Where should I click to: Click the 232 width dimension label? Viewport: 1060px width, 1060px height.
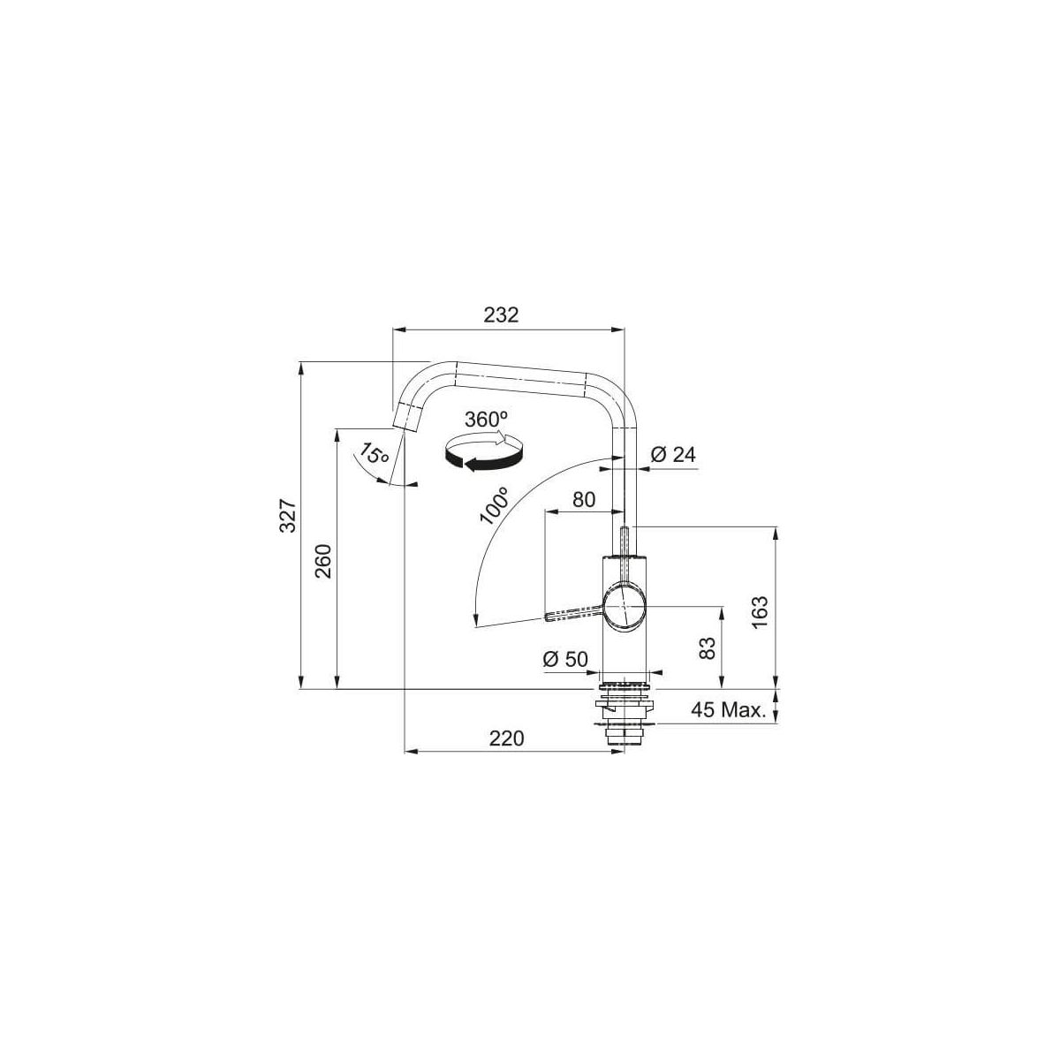pyautogui.click(x=501, y=315)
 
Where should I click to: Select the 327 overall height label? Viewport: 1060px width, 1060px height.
pyautogui.click(x=289, y=515)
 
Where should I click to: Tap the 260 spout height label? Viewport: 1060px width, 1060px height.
pyautogui.click(x=324, y=561)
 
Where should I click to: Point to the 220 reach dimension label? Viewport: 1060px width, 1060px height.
pyautogui.click(x=506, y=738)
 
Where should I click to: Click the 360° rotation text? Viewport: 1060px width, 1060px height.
pyautogui.click(x=486, y=420)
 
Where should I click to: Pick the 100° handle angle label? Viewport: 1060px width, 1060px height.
pyautogui.click(x=494, y=505)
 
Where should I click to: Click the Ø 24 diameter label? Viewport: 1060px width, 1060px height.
pyautogui.click(x=673, y=455)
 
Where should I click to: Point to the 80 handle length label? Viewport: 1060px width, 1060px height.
pyautogui.click(x=584, y=499)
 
